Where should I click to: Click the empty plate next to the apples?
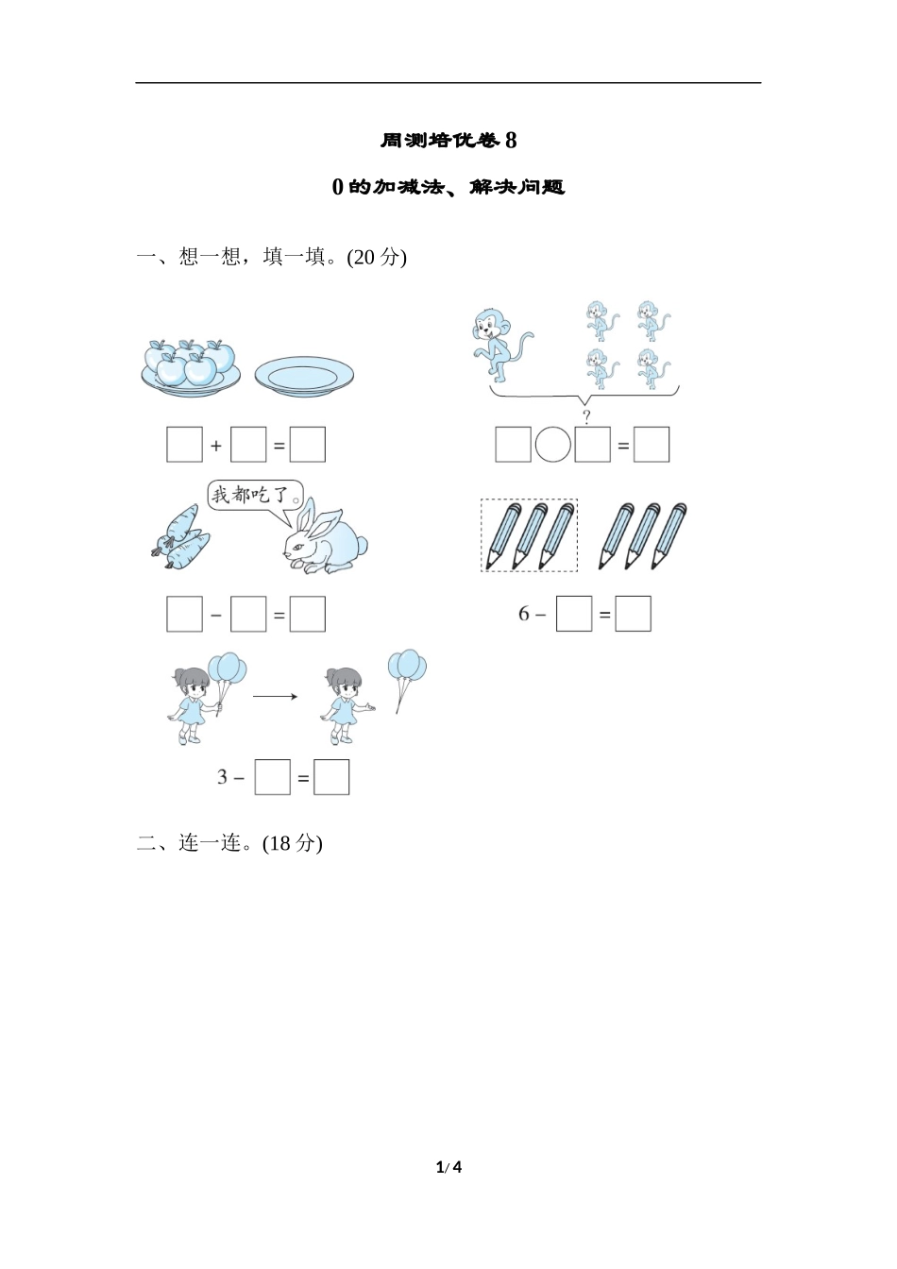304,376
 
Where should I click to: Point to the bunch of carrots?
179,536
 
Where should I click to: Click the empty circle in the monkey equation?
553,445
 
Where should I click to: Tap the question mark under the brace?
586,417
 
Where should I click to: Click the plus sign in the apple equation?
216,446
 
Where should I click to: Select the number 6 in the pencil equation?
524,614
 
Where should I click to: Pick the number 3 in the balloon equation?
223,777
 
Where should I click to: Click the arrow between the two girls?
275,696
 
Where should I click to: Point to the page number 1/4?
448,1167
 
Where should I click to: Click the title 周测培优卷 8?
448,140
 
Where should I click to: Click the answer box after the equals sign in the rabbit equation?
308,614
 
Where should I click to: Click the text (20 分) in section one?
377,257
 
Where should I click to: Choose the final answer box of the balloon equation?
331,777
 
